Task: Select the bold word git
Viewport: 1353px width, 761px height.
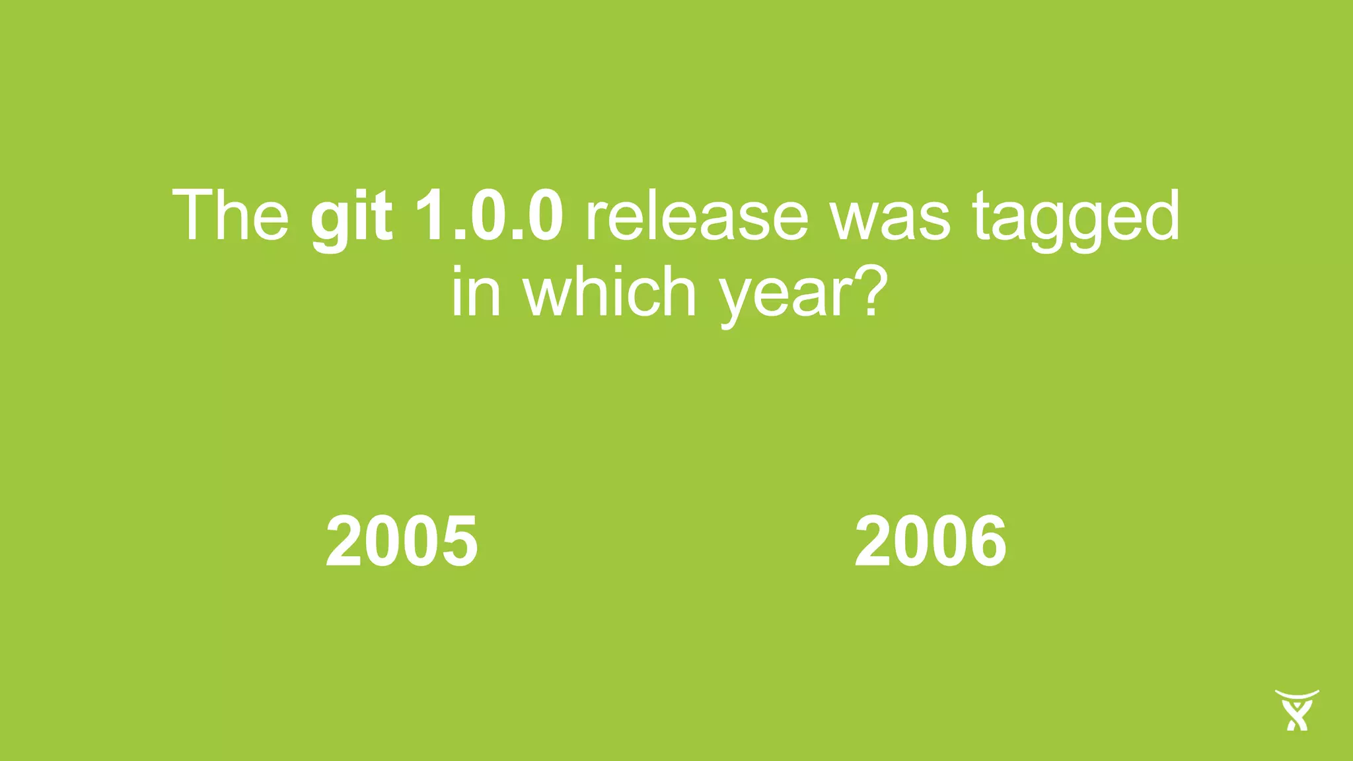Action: click(351, 218)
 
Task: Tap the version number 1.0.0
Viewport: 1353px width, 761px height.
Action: click(489, 215)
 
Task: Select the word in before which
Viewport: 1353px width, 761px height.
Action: click(476, 291)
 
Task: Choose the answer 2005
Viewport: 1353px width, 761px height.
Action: click(402, 541)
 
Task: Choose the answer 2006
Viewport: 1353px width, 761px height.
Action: click(930, 541)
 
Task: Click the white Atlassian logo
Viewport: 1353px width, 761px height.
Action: click(1297, 710)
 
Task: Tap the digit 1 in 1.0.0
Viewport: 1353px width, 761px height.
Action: click(428, 215)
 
